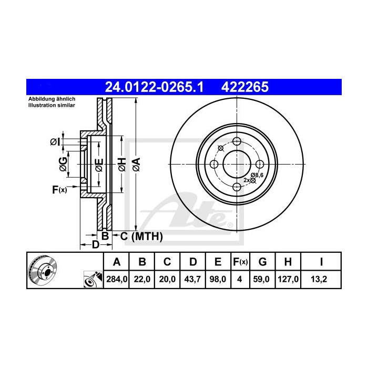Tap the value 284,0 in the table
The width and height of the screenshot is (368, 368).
[x=117, y=280]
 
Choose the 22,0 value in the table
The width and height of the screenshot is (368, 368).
[x=142, y=280]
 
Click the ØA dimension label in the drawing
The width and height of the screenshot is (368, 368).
[x=136, y=163]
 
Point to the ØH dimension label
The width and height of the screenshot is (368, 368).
[x=121, y=163]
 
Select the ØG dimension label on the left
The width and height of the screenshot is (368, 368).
[x=63, y=163]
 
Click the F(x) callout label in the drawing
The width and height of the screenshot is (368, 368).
[x=59, y=189]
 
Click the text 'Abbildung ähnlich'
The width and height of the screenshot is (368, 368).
[x=52, y=99]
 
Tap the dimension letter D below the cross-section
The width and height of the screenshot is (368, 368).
[x=95, y=244]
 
